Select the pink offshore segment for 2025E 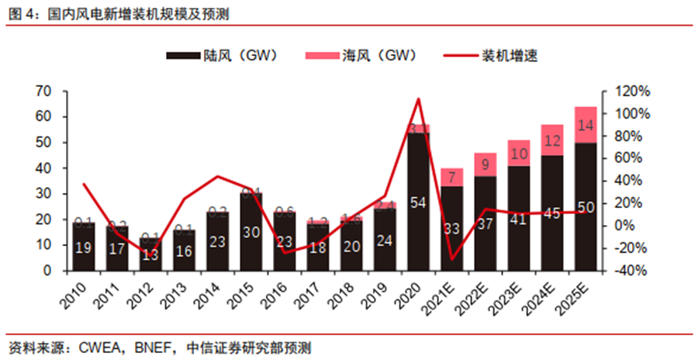coord(586,125)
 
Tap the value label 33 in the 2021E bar coord(451,230)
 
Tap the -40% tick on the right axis coord(631,271)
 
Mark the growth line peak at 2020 coord(419,99)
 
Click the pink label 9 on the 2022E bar coord(485,164)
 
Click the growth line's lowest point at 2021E coord(451,260)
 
